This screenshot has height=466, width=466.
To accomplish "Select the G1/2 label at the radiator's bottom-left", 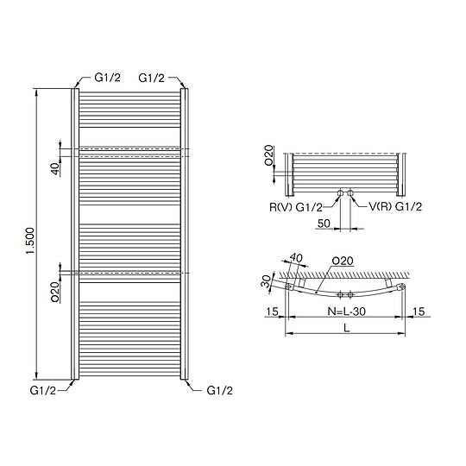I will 44,391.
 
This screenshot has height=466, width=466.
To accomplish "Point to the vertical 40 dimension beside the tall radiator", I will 54,168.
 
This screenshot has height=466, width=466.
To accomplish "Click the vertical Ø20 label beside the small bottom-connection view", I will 269,155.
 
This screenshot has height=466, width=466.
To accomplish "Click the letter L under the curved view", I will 346,329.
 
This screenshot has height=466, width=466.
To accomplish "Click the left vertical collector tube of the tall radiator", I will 75,233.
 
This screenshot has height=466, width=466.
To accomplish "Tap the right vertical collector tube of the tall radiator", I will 184,233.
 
